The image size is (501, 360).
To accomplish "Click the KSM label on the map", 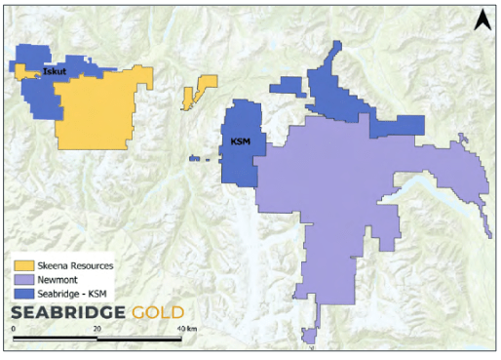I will coord(240,141).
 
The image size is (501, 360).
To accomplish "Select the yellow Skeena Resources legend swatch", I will coord(23,265).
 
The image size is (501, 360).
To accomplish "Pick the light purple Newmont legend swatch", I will coord(23,280).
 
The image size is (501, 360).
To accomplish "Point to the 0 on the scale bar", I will coord(14,330).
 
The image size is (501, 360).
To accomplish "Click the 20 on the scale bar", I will coord(97,330).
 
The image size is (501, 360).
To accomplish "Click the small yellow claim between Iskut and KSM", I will coord(201,90).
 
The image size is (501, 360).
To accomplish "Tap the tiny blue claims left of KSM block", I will coord(199,158).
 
